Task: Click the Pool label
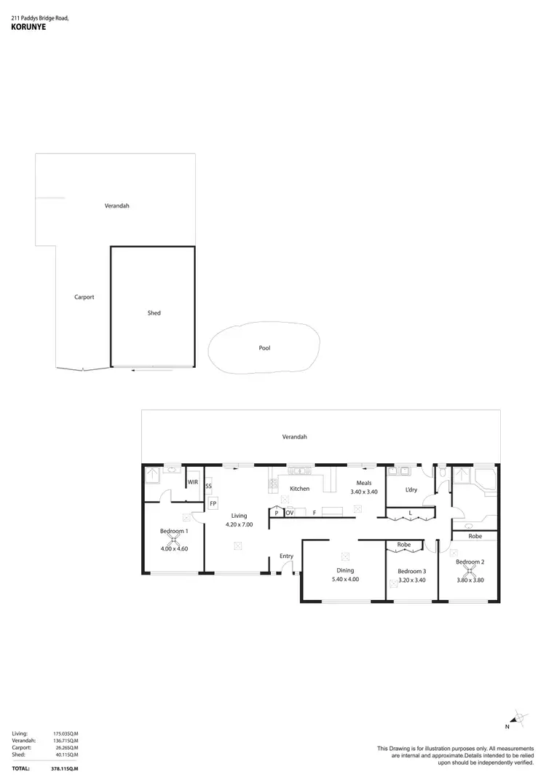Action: (264, 348)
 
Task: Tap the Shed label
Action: (154, 313)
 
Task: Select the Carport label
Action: (84, 297)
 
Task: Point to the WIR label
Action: (193, 482)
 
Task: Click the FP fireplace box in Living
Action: (213, 503)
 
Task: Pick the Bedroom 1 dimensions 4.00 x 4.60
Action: (174, 548)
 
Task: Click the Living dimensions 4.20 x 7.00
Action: (239, 524)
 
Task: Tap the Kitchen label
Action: (299, 489)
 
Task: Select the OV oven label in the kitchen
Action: (289, 513)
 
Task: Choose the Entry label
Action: (286, 556)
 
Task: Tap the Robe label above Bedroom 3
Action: (403, 545)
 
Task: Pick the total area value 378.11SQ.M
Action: (66, 768)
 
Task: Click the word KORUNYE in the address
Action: (27, 30)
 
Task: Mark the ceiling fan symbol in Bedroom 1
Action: (174, 540)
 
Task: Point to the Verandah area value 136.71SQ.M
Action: (66, 741)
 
